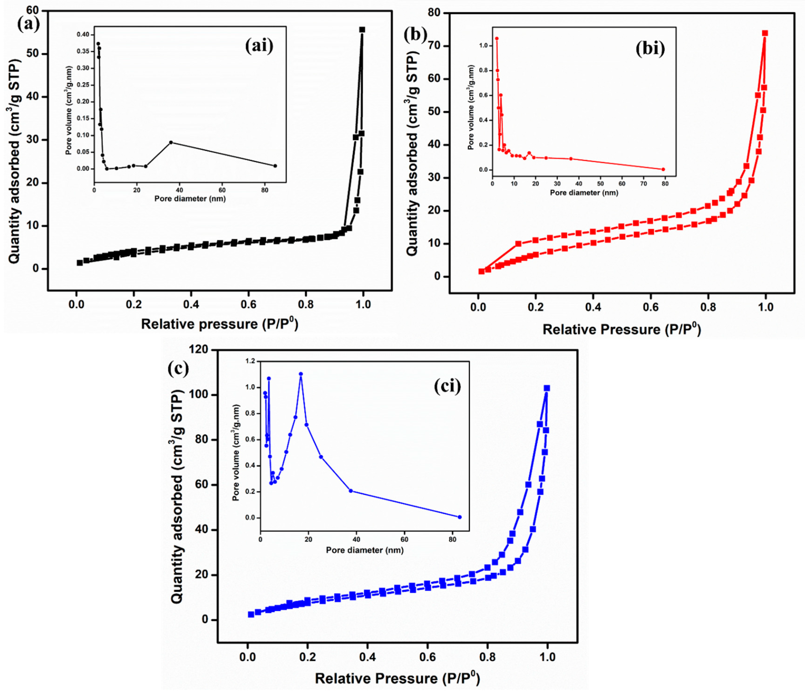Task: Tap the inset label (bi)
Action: tap(650, 49)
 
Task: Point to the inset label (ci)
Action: tap(447, 386)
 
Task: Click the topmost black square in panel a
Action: tap(362, 30)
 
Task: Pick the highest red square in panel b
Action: tap(765, 33)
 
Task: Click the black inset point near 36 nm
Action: tap(171, 142)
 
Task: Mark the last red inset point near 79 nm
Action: tap(663, 169)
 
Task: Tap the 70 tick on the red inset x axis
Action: tap(643, 184)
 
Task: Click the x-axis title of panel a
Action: tap(219, 324)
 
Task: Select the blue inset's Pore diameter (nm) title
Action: tap(364, 550)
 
